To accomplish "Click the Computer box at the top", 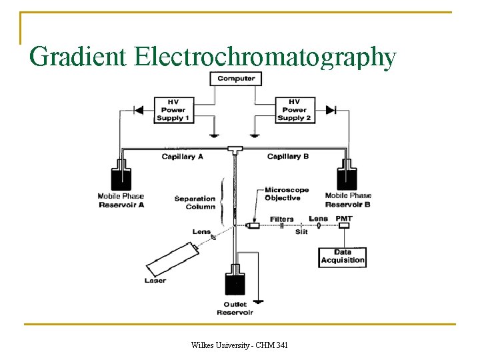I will point(236,79).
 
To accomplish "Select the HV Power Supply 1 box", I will point(173,110).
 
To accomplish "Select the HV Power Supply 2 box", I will point(294,110).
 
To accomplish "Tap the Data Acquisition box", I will point(343,257).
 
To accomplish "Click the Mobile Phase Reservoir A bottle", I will point(121,177).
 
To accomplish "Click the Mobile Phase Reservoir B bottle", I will point(347,177).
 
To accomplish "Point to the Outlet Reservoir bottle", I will point(234,282).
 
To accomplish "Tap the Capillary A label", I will point(182,157).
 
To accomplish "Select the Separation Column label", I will point(195,203).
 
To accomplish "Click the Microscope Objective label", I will point(287,194).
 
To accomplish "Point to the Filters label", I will point(281,219).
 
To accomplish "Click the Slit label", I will point(301,232).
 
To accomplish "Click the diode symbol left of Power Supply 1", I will point(139,109).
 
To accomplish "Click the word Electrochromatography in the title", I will point(265,57).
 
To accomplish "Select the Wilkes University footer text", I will point(239,345).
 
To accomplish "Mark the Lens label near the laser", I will point(201,232).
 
